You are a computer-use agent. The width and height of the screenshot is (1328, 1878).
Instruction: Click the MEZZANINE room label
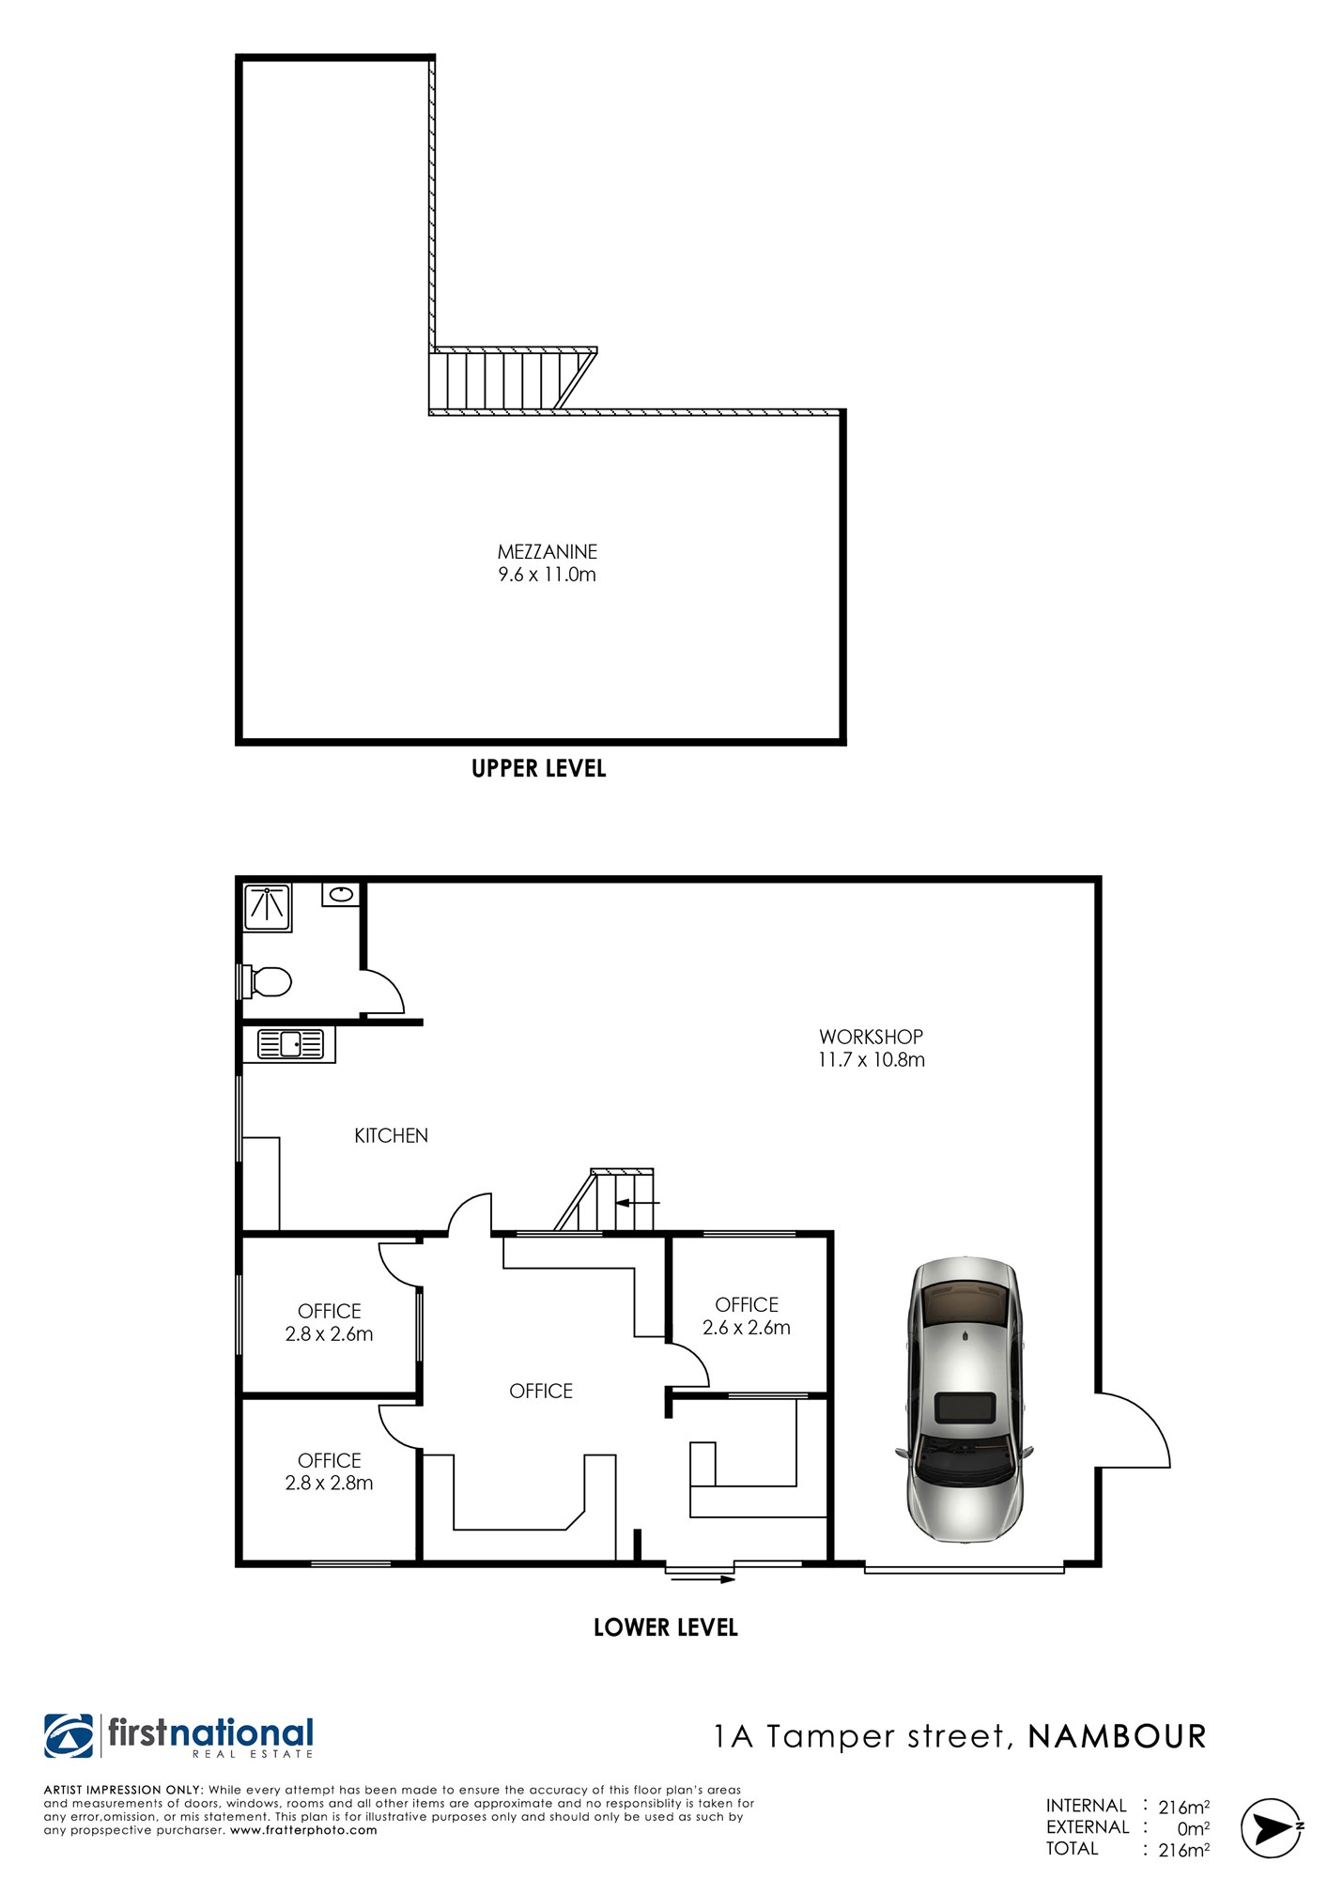[548, 552]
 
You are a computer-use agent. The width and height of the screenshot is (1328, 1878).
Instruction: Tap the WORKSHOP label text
[871, 1037]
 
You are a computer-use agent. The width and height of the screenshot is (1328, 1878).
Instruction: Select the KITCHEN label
[391, 1135]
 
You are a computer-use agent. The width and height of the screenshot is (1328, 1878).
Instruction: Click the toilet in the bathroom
[266, 982]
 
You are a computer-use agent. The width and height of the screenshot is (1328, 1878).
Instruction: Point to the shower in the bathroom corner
[268, 907]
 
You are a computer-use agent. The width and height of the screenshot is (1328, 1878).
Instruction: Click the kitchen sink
[290, 1043]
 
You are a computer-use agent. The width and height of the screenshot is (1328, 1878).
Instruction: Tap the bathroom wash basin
[341, 894]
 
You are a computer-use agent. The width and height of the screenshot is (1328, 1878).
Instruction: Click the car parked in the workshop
[965, 1399]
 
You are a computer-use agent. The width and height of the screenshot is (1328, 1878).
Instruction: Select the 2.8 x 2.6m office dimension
[329, 1333]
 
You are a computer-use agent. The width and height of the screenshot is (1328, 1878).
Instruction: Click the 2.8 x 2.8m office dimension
[329, 1483]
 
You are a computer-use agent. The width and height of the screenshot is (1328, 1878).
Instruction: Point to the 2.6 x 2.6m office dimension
[747, 1328]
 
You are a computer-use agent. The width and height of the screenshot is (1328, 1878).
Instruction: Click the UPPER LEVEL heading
[539, 769]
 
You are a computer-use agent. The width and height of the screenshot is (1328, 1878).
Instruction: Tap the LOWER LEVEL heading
[666, 1627]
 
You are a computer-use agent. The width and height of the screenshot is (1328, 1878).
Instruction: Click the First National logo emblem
[69, 1736]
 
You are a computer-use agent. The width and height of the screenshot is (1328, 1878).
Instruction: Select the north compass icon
[1272, 1827]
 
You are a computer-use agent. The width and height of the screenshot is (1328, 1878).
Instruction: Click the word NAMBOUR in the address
[1118, 1736]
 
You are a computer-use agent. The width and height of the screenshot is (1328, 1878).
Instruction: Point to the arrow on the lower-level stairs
[638, 1202]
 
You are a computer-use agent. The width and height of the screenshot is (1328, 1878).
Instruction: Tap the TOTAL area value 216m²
[1183, 1850]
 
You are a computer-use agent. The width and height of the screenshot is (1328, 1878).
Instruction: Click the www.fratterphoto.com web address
[303, 1830]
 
